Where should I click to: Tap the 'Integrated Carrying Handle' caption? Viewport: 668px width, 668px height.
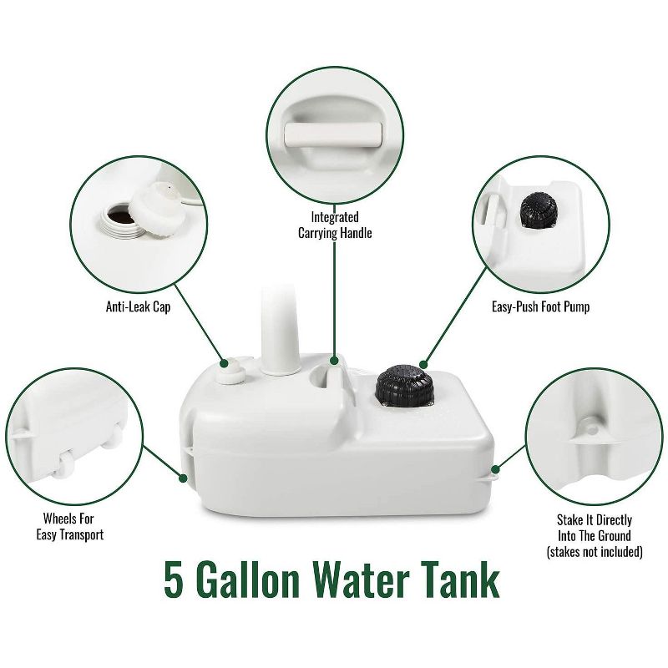[x=335, y=225]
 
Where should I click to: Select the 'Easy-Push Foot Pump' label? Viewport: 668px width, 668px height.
[x=540, y=306]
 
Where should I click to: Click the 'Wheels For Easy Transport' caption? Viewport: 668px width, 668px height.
[x=73, y=526]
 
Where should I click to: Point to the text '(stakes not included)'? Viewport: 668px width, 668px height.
[x=594, y=552]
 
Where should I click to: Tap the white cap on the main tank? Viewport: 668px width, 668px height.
[x=231, y=370]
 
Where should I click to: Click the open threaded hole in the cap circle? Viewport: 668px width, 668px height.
[x=124, y=216]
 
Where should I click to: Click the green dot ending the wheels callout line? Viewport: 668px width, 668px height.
[x=183, y=478]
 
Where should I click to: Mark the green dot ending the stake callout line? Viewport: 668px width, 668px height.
[x=496, y=468]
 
